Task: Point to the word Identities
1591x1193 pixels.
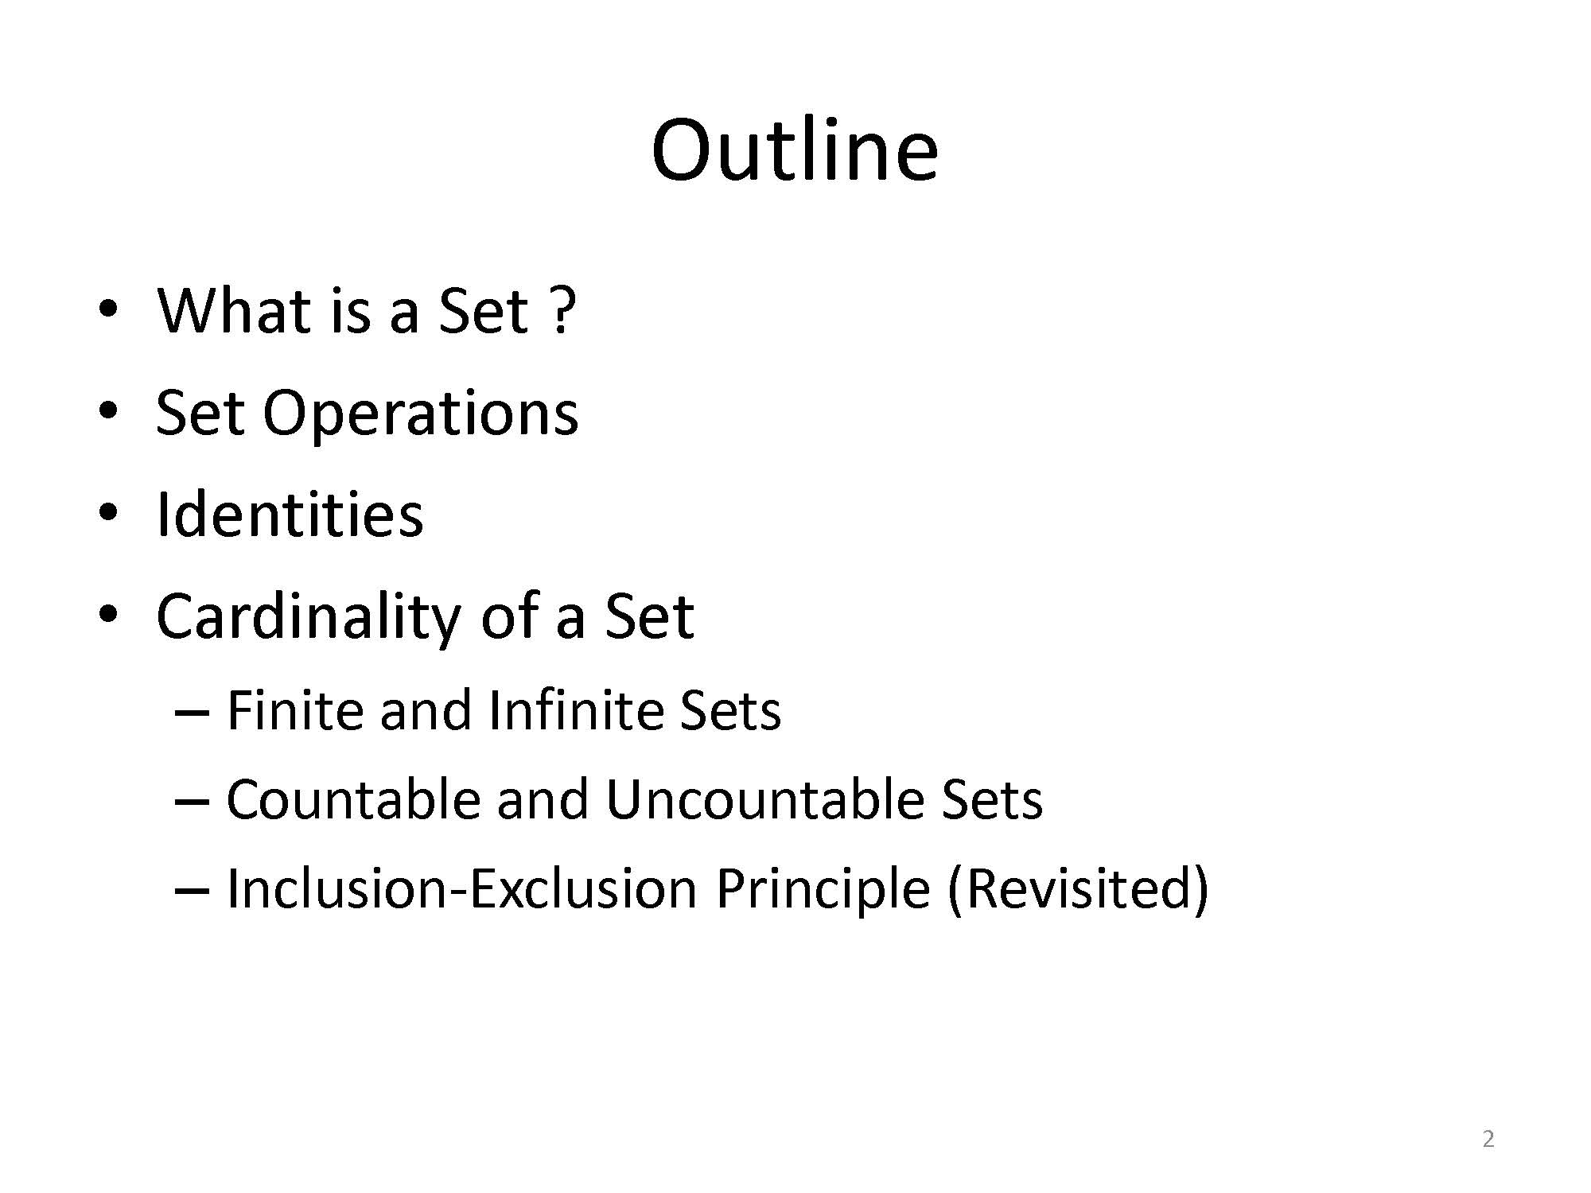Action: pos(290,515)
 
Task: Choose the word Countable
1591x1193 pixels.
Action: pos(353,799)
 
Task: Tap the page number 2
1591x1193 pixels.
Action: pos(1488,1140)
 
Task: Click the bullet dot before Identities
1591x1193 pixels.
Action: pos(108,515)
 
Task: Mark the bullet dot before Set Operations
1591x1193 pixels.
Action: pos(108,413)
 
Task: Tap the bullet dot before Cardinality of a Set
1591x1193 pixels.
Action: pos(108,616)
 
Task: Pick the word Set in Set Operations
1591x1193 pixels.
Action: pos(200,414)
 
